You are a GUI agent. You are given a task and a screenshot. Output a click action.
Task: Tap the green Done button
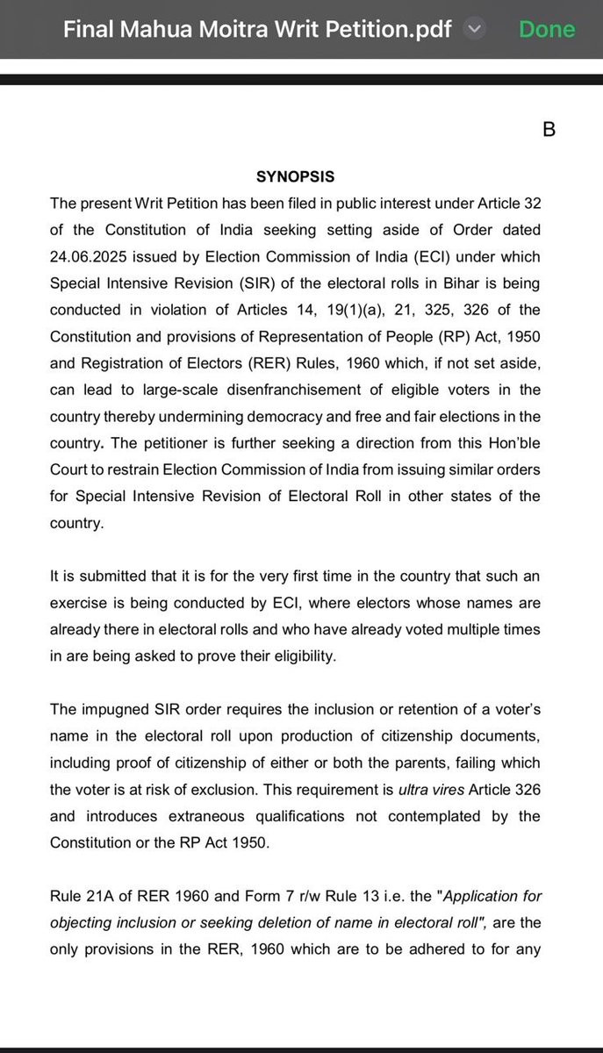(547, 29)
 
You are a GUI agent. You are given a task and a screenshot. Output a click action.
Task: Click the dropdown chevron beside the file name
(474, 29)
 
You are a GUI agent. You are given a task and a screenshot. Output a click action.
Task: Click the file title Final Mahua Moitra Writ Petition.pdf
(256, 29)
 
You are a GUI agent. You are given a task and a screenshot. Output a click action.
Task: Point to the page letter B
(549, 130)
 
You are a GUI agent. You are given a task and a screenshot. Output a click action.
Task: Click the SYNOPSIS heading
(295, 176)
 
